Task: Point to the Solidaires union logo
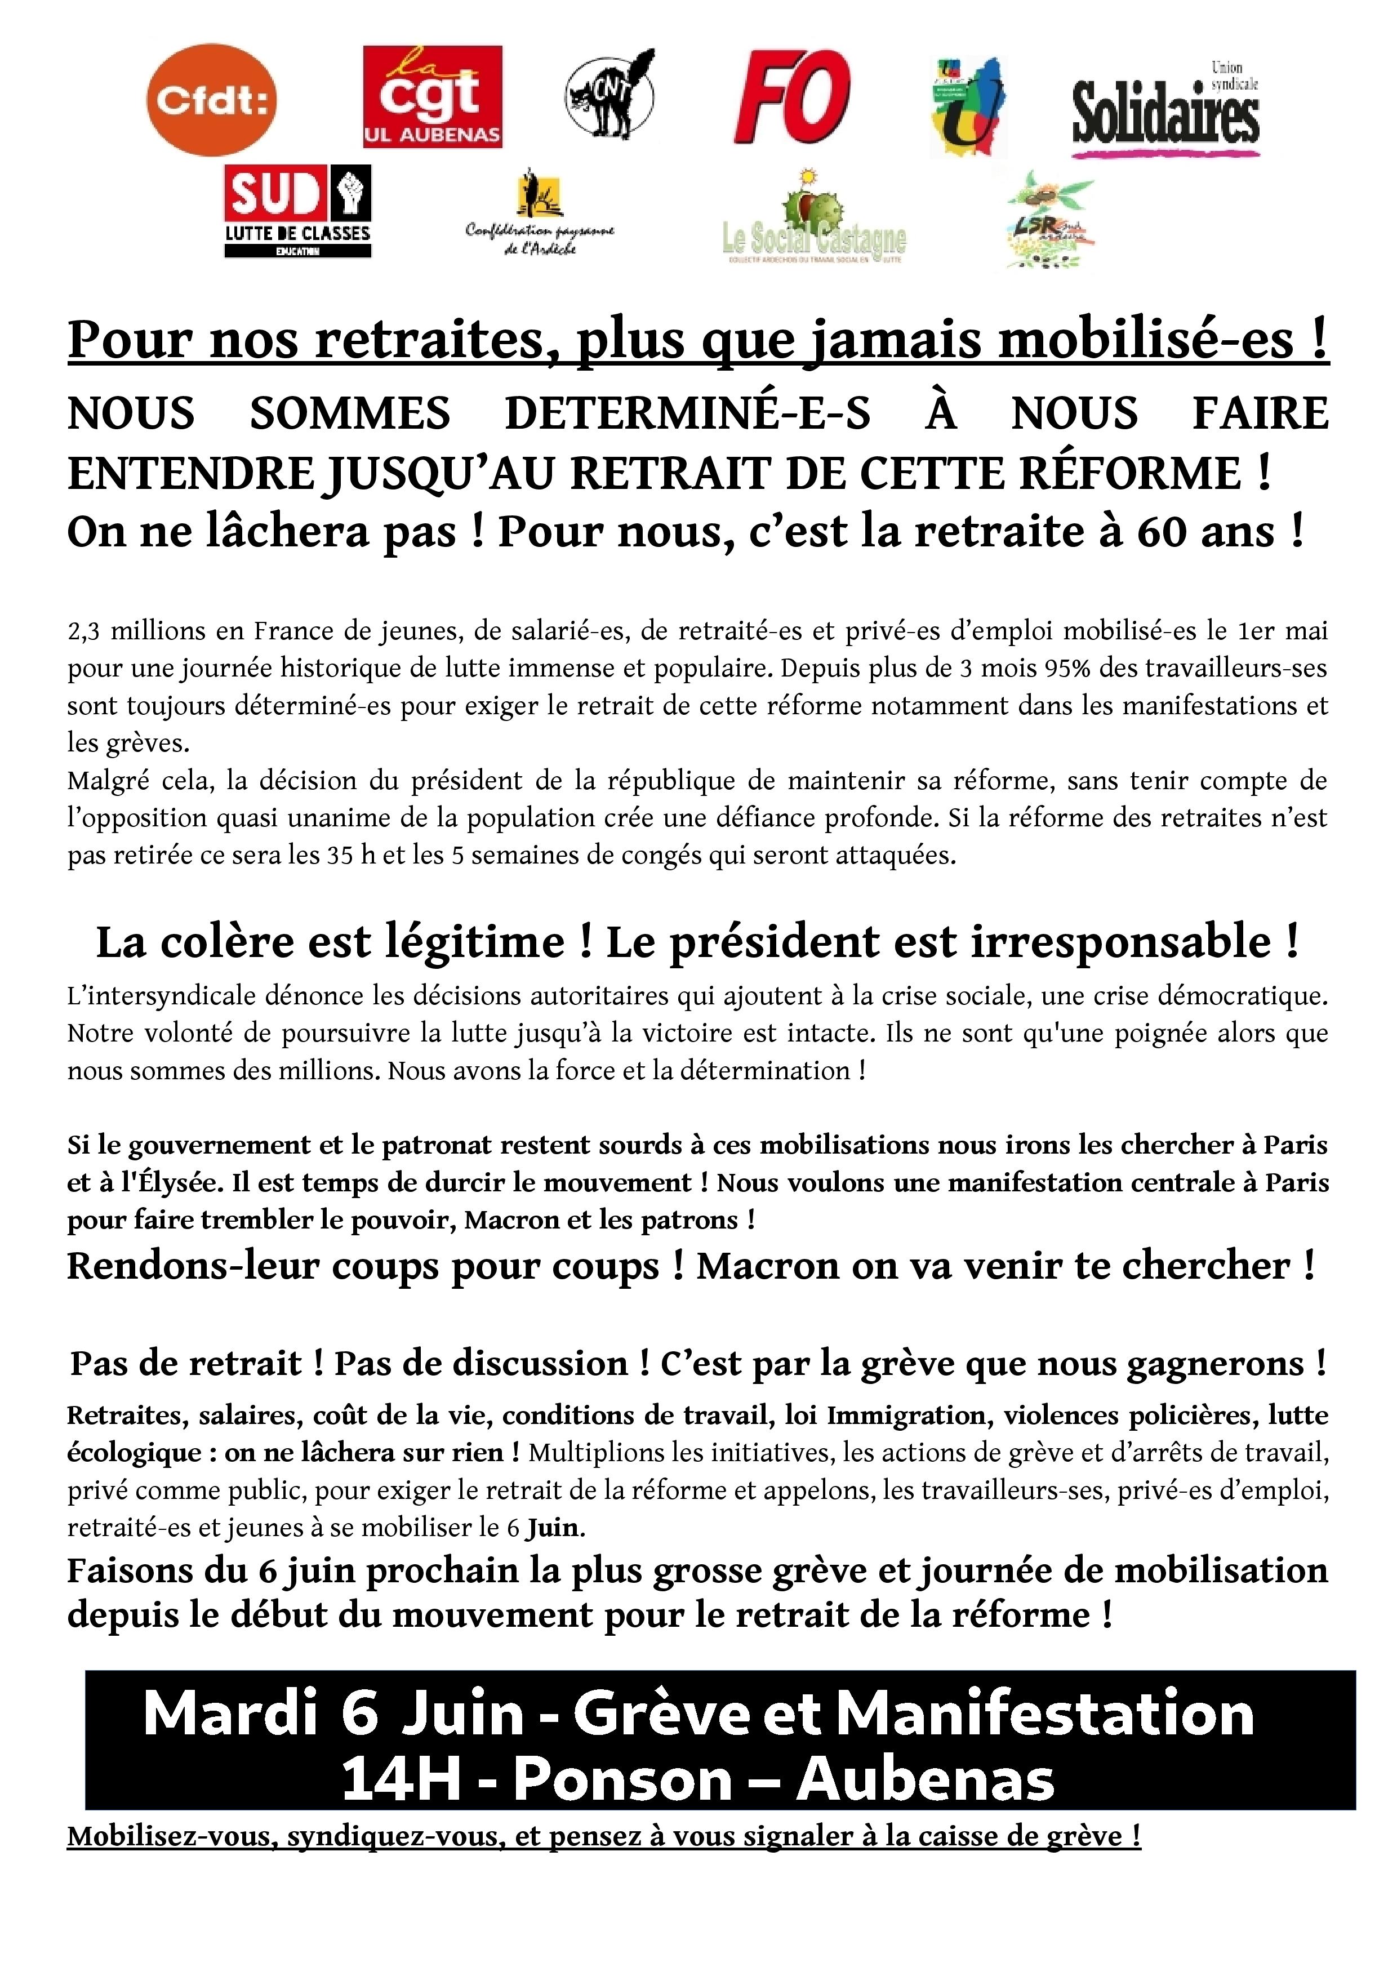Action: pos(1165,109)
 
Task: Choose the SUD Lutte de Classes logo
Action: pos(298,211)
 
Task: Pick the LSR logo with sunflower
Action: pos(1050,222)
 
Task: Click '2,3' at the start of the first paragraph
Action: pos(83,631)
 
